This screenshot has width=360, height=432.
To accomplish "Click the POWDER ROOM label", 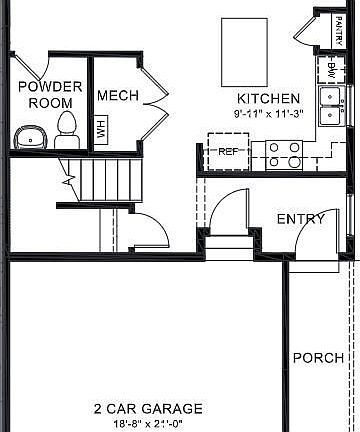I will (x=50, y=94).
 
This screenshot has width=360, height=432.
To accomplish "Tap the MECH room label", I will (x=116, y=96).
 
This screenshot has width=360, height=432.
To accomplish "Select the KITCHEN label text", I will (x=268, y=98).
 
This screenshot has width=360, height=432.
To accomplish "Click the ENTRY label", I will (x=300, y=219).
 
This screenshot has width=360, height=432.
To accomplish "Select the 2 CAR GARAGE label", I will (x=148, y=409).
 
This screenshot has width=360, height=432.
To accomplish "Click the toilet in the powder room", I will (x=67, y=128).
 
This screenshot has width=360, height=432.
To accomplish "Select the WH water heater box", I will (x=100, y=129).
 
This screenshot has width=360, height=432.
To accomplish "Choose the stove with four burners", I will (x=284, y=153).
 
